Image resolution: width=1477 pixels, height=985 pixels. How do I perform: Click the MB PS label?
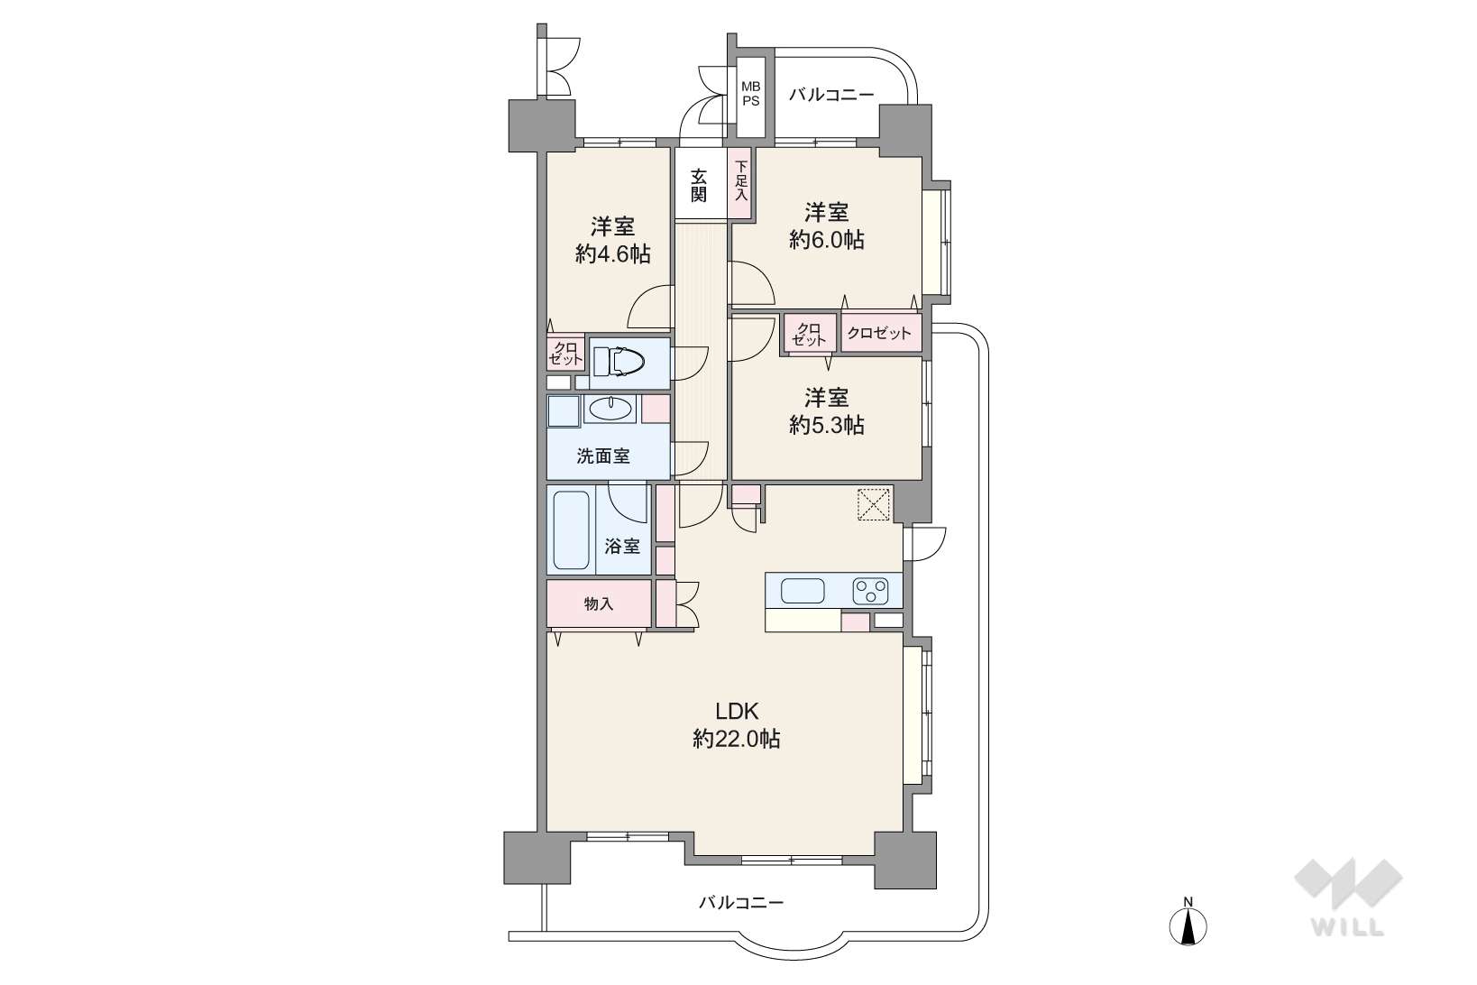coord(750,94)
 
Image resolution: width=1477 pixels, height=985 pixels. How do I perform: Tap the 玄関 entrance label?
coord(699,186)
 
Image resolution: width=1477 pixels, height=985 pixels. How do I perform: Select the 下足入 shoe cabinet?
coord(741,181)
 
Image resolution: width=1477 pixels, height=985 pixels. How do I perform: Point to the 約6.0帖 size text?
coord(826,240)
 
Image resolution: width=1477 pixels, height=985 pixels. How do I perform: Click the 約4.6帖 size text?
coord(612,253)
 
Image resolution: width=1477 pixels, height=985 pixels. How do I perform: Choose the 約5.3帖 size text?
coord(826,425)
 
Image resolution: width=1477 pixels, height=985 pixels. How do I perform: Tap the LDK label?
coord(738,711)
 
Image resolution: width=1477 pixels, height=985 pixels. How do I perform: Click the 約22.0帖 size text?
coord(737,739)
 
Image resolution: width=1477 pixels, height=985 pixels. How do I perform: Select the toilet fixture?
coord(619,362)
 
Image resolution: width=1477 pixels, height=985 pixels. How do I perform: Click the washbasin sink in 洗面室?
coord(610,409)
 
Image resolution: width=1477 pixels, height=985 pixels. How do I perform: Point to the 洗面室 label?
coord(603,456)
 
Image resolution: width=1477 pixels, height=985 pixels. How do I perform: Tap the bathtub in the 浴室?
coord(571,529)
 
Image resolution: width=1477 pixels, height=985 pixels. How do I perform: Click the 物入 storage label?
coord(599,603)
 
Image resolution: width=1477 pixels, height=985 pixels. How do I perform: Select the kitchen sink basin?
coord(803,591)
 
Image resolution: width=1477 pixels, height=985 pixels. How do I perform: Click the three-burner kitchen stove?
coord(870,591)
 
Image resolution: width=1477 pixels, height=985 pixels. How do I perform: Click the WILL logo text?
coord(1348,927)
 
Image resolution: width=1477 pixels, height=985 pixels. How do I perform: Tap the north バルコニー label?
coord(831,95)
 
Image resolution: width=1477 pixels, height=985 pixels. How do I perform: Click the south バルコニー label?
coord(741,902)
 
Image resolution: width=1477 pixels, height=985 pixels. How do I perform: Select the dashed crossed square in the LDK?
coord(874,505)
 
